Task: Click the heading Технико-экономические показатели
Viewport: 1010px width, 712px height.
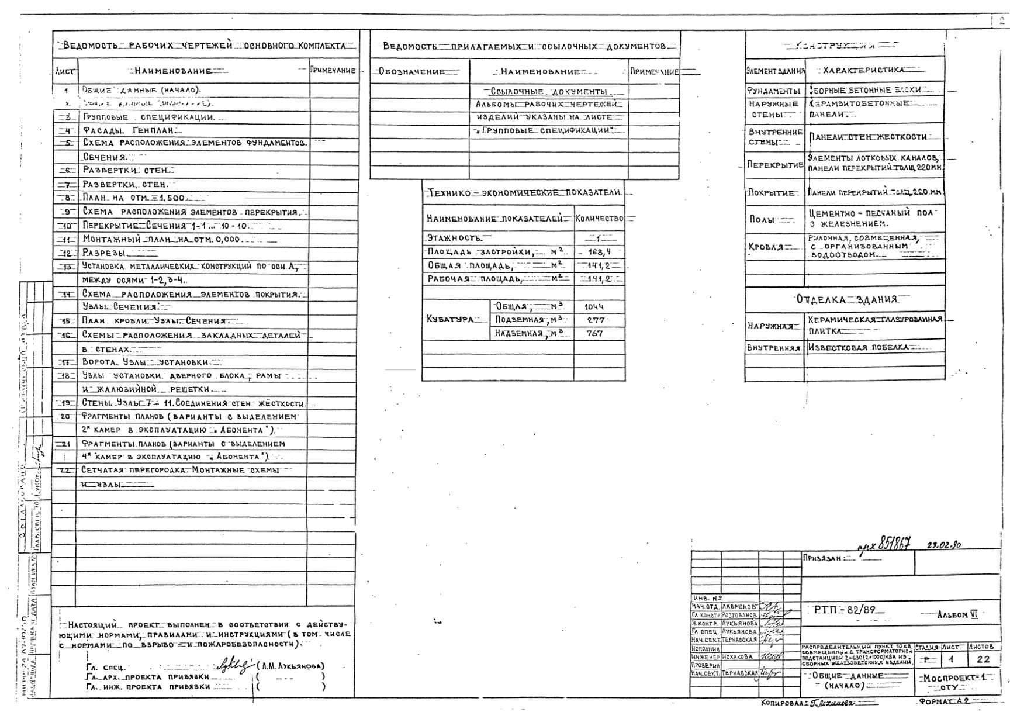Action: (524, 192)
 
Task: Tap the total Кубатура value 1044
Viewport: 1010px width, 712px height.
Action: (594, 306)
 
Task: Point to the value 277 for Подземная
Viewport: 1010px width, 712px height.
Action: (595, 320)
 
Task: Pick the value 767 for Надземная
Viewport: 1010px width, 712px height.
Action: (594, 334)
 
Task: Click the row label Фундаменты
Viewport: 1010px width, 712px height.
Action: (773, 91)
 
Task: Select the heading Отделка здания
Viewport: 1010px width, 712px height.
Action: (846, 299)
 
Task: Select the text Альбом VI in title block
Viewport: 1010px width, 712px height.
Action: (957, 614)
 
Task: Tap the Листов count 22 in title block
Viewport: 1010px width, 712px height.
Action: (983, 659)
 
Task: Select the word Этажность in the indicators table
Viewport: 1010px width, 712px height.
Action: (454, 238)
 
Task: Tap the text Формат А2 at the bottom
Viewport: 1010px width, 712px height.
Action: (943, 701)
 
